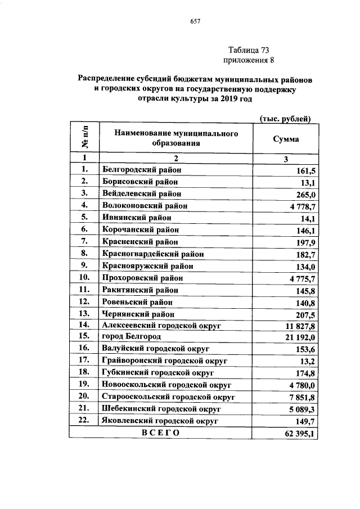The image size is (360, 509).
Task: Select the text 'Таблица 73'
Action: point(247,50)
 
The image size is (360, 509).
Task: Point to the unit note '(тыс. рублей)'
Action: point(285,117)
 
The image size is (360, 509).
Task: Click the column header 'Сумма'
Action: point(285,138)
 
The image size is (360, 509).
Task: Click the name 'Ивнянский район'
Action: point(135,218)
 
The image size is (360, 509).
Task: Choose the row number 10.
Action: point(84,278)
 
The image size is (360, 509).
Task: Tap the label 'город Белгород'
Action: point(130,337)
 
